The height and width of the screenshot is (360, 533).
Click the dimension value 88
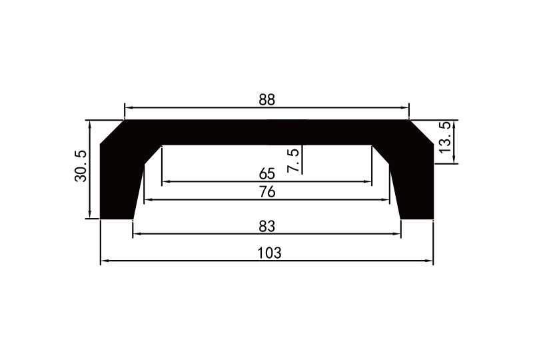266,100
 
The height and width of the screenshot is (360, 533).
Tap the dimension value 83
266,226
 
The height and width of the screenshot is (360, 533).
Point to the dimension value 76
266,192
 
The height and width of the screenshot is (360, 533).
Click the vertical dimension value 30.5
80,165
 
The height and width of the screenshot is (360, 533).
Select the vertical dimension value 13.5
445,137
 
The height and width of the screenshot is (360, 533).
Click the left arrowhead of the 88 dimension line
128,107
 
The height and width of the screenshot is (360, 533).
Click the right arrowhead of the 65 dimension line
368,181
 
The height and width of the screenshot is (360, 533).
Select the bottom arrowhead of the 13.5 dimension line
454,159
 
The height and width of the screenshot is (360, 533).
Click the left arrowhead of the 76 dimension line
148,199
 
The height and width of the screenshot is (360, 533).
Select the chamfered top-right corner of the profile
421,132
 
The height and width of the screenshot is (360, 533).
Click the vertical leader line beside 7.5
302,160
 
